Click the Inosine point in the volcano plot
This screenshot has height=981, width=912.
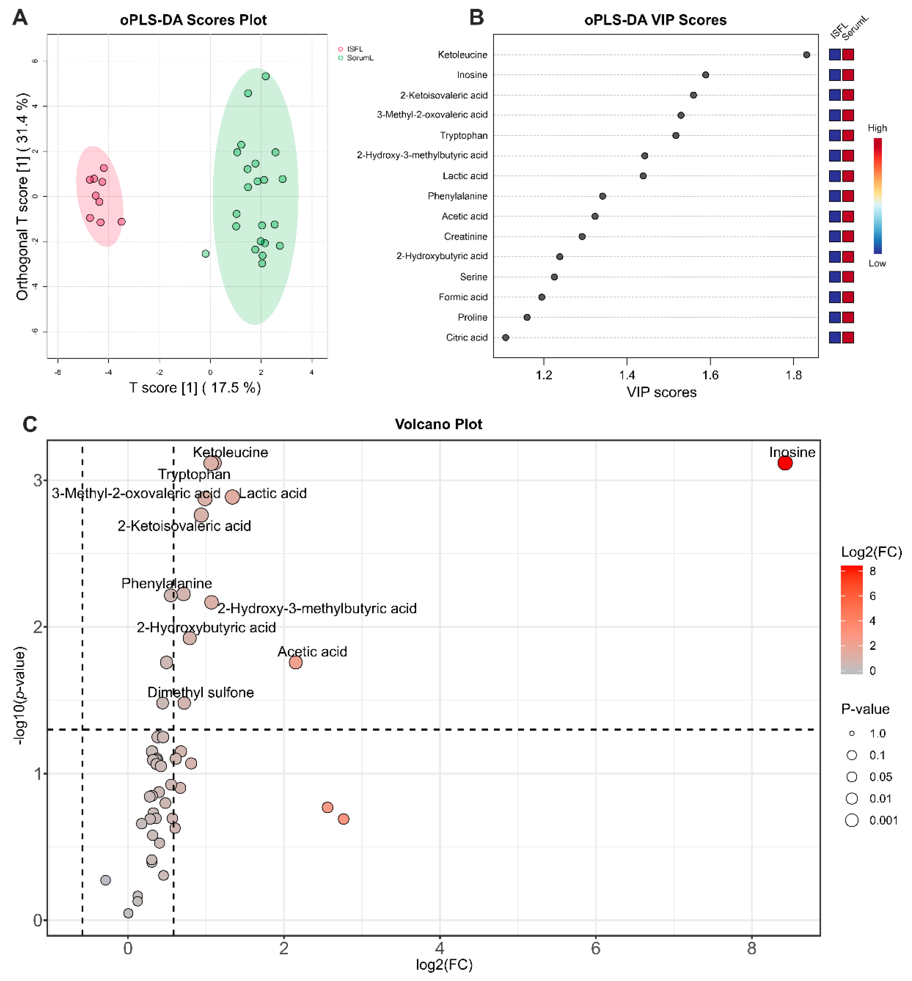[x=785, y=463]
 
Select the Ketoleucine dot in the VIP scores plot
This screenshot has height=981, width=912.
[x=806, y=55]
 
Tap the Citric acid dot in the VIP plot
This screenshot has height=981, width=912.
[x=505, y=337]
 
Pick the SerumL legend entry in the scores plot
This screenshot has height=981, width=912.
[x=359, y=58]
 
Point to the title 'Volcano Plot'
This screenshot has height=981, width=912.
[x=438, y=424]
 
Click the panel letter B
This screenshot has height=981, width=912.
[x=476, y=18]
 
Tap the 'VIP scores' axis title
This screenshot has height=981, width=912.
[x=661, y=392]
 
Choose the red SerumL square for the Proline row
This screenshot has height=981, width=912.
[x=848, y=317]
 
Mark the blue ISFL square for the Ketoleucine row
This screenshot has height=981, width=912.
[x=835, y=55]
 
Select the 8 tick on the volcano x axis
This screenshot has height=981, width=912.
[x=751, y=948]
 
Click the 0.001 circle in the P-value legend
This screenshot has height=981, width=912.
[x=852, y=820]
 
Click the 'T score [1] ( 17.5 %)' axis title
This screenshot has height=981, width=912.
[x=195, y=388]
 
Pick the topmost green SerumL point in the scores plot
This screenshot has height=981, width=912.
[x=266, y=76]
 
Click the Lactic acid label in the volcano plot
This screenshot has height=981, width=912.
[x=273, y=493]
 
